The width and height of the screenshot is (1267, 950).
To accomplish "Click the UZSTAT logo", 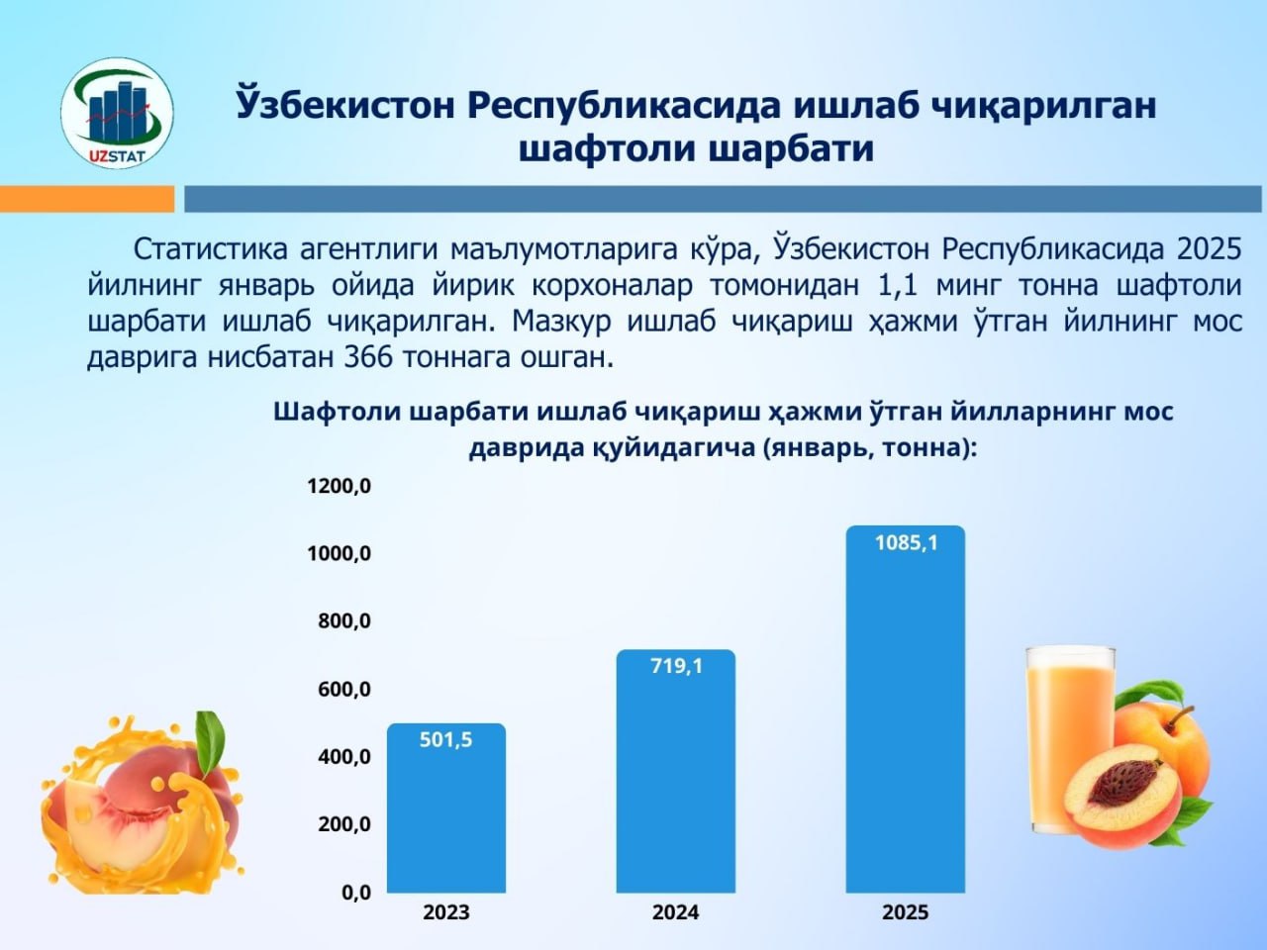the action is click(117, 113).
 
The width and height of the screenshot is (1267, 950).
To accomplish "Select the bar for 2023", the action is click(446, 808).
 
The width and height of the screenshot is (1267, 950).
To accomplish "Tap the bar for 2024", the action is click(676, 771).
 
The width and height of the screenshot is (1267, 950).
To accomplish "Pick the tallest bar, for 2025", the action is click(906, 709).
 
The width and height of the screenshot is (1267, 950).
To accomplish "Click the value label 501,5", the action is click(445, 739).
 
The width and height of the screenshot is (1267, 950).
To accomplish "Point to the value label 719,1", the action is click(676, 666).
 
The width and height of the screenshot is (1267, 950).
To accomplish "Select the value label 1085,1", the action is click(907, 542).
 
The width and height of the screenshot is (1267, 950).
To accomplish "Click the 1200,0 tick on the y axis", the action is click(339, 486).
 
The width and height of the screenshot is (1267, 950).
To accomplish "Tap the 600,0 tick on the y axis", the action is click(344, 689).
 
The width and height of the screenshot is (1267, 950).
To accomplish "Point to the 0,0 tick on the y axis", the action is click(356, 893).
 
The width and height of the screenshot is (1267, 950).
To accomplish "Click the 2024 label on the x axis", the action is click(676, 912).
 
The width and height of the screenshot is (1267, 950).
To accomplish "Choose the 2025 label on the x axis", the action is click(906, 912).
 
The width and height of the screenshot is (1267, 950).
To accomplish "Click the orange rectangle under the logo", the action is click(86, 199).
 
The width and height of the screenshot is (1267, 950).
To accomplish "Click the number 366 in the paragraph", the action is click(367, 357).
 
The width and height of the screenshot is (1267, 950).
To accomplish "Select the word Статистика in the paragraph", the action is click(210, 250).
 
